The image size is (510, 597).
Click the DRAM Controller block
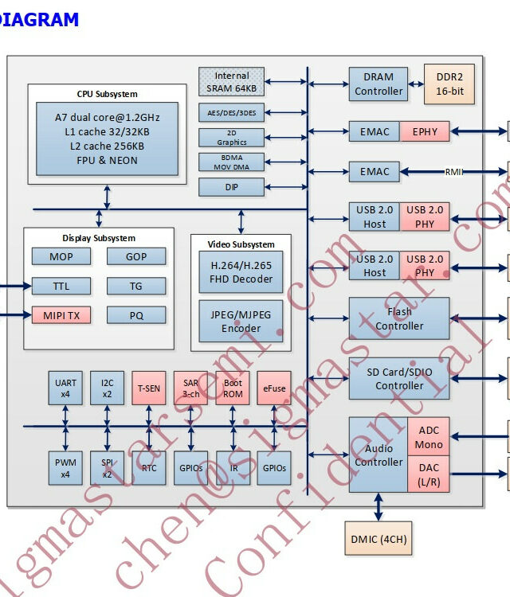378,84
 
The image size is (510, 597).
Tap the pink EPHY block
425,131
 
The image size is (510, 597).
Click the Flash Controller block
399,318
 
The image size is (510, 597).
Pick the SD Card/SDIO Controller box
399,379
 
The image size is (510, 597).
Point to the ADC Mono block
429,437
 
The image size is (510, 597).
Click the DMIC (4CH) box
379,539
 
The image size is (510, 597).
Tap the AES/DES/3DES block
231,113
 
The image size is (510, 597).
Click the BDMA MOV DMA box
231,162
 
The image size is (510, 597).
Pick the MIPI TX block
61,315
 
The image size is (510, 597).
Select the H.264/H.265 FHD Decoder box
241,272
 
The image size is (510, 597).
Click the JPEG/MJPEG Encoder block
241,321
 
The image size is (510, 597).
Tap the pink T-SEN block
149,388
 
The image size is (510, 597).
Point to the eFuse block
274,388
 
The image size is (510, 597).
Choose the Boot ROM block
233,388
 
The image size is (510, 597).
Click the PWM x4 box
65,467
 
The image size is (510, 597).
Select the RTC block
149,467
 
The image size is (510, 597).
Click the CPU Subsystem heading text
107,94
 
